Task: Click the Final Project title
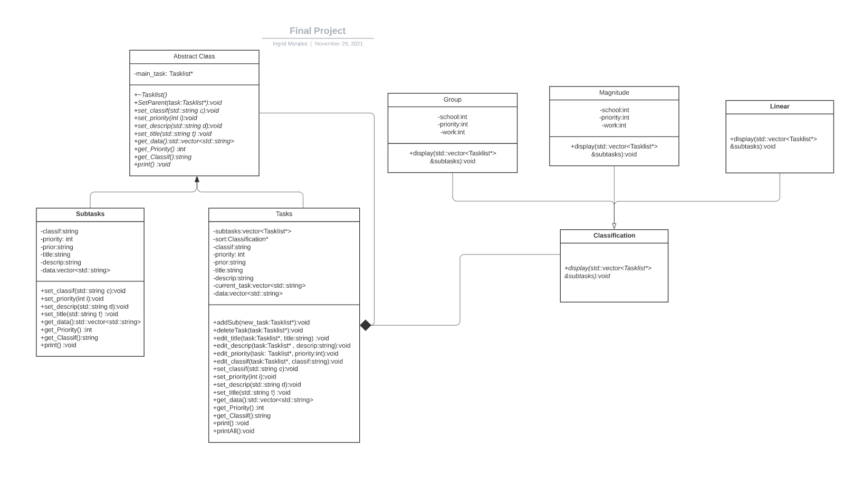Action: coord(318,31)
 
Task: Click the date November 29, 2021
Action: coord(339,44)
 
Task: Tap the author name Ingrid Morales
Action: coord(290,44)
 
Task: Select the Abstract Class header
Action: coord(194,56)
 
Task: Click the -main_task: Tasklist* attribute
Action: coord(163,74)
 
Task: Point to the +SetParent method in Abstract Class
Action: coord(178,103)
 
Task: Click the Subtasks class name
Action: coord(90,214)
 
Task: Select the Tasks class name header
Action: coord(284,214)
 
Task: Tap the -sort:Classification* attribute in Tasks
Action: coord(241,239)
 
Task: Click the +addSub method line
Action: coord(261,323)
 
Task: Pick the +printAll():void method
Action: coord(234,431)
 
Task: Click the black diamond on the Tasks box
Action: coord(366,325)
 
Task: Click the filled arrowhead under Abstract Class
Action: coord(197,180)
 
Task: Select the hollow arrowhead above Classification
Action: coord(614,226)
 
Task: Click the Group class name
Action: coord(452,100)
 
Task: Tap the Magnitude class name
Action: coord(614,93)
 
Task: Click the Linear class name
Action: coord(779,106)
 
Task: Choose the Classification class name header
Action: coord(614,236)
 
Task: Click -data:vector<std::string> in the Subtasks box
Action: coord(75,270)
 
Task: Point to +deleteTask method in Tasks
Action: coord(258,330)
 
